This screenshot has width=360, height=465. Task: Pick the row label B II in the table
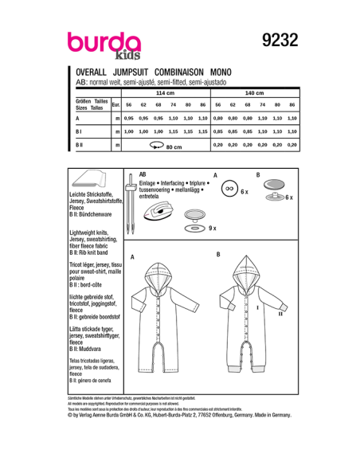point(80,145)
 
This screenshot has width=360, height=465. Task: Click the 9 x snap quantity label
point(211,229)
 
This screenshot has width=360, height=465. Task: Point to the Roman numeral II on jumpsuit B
point(281,314)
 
